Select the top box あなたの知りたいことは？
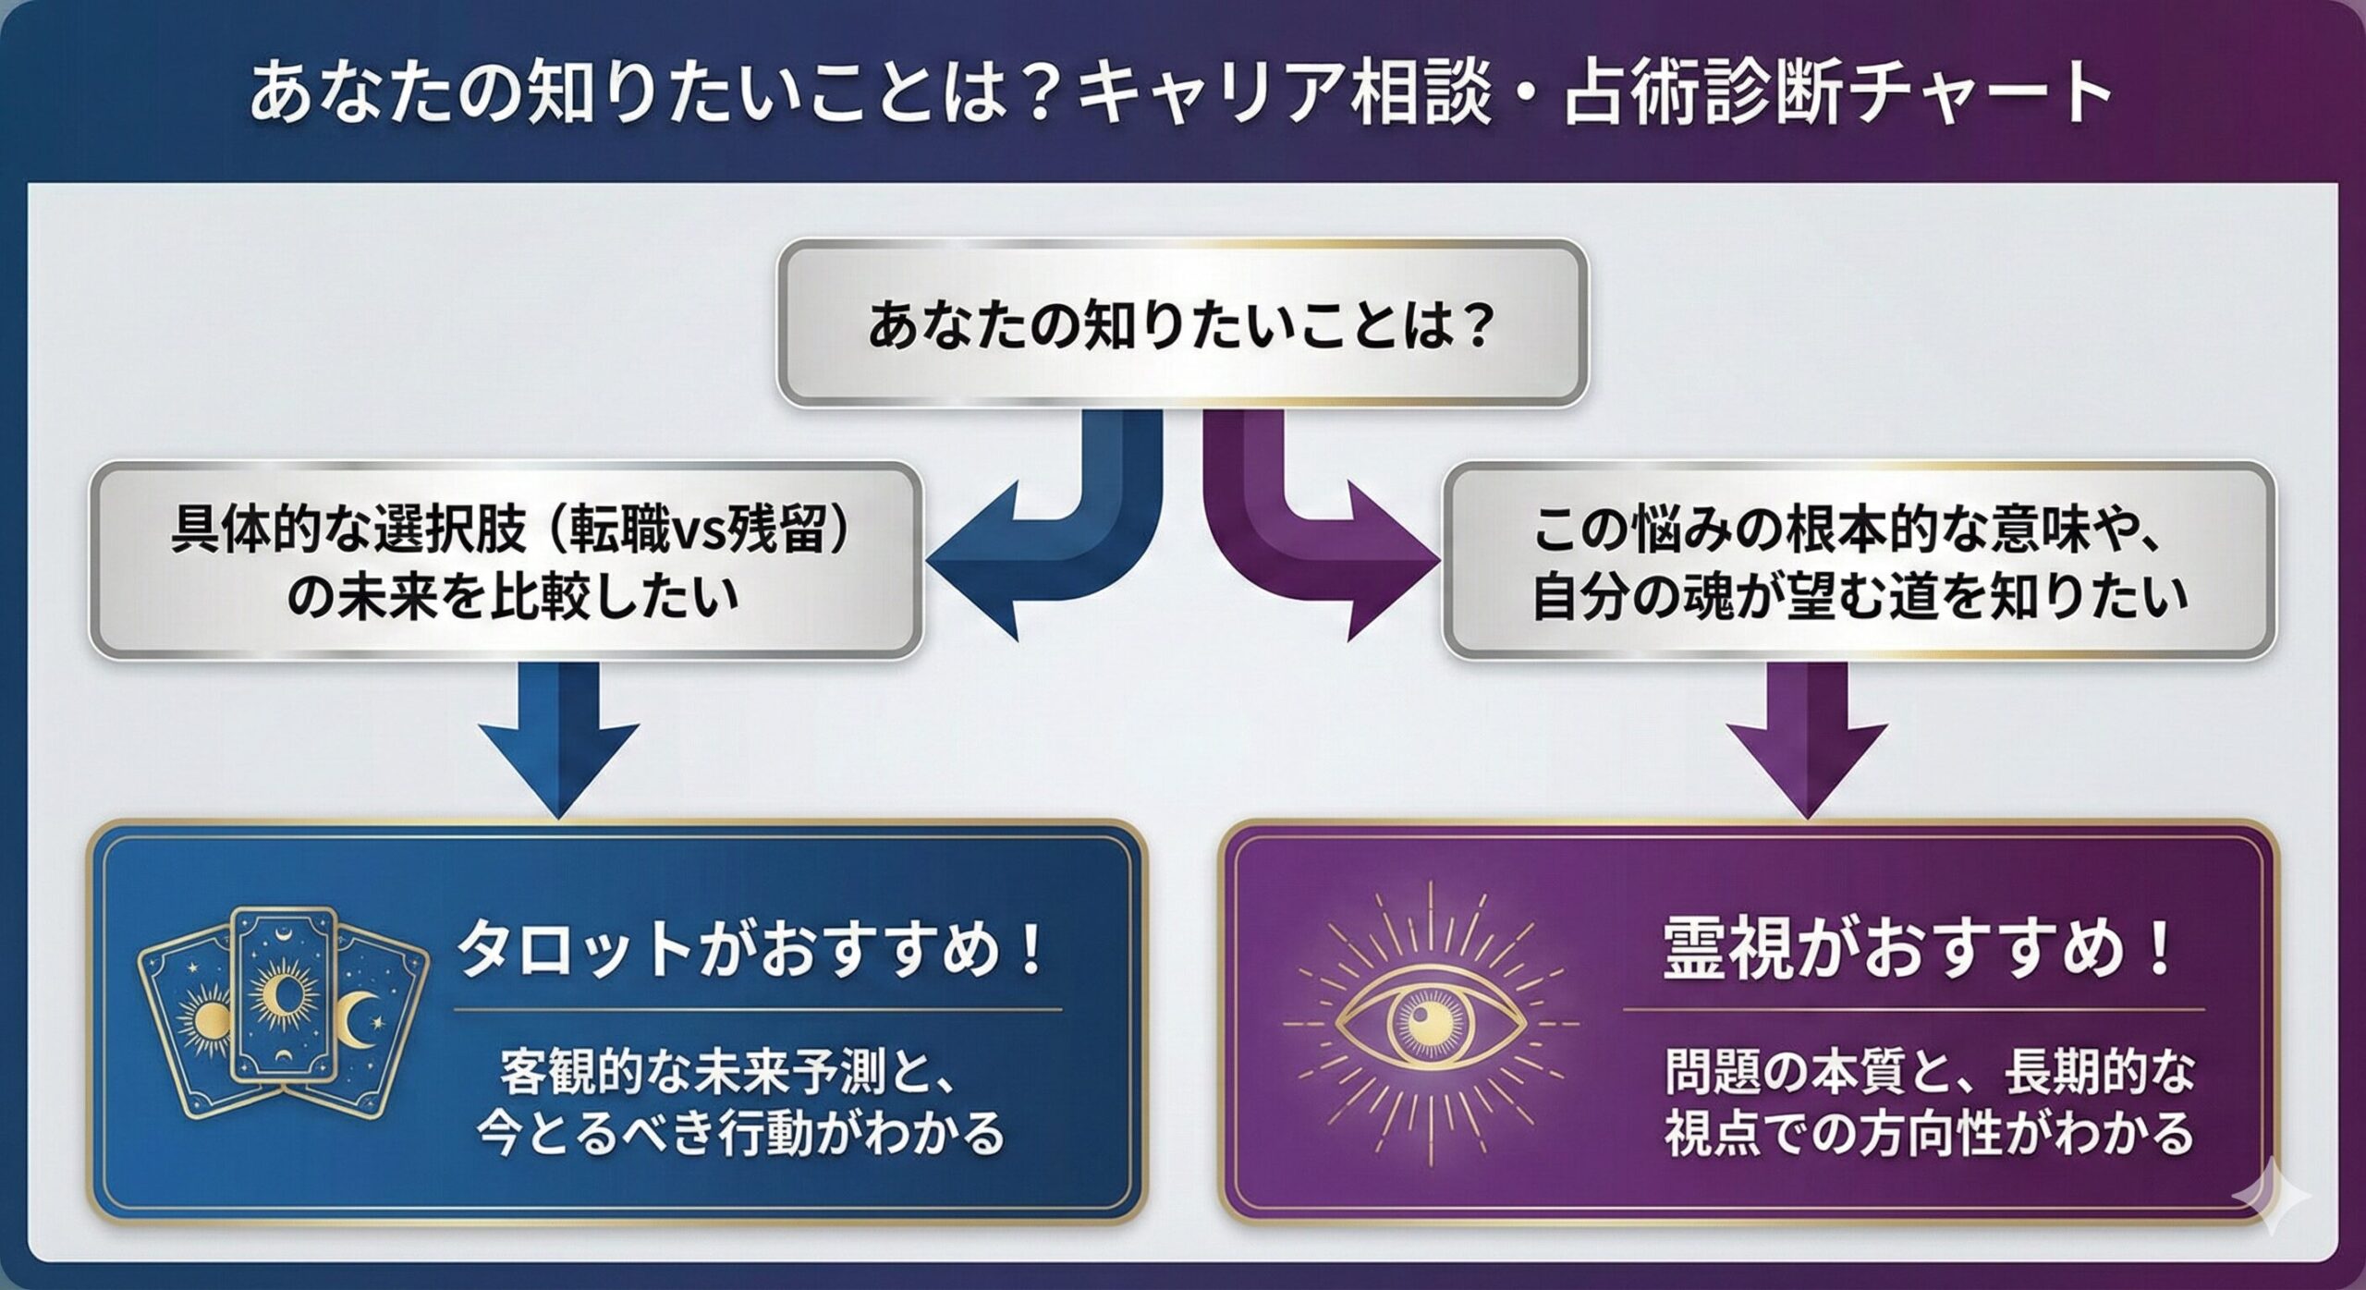[x=1181, y=324]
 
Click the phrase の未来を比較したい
[x=513, y=597]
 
